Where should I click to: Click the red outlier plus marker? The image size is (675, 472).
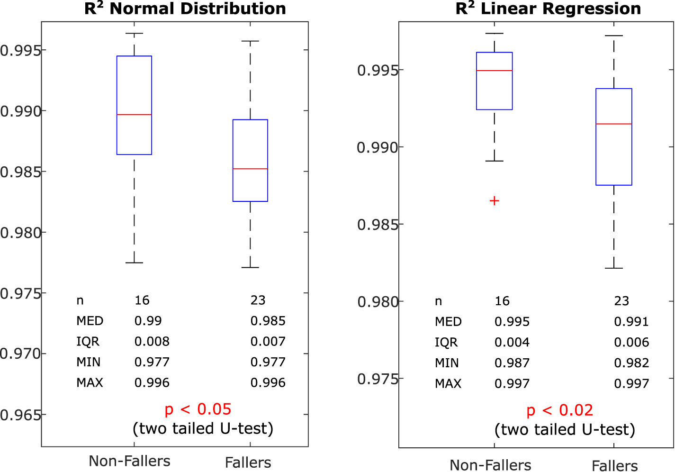(494, 201)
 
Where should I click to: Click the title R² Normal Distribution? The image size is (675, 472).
(185, 9)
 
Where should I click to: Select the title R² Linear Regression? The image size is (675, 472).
(548, 9)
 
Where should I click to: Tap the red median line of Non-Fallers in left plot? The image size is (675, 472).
(134, 115)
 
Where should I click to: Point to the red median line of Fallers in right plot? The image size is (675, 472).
(613, 124)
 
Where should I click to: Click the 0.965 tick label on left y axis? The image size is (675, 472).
(20, 415)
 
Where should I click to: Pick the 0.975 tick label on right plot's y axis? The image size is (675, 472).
(377, 379)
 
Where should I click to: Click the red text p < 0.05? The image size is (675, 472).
(198, 409)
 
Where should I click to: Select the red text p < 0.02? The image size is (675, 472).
(559, 410)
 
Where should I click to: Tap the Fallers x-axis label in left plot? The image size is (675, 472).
(248, 463)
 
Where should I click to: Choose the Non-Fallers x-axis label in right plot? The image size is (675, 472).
(490, 465)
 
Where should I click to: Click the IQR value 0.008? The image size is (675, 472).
(152, 342)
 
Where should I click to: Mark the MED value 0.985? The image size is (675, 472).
(268, 321)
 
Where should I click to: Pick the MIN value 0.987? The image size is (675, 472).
(512, 363)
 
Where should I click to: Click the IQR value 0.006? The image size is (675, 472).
(631, 342)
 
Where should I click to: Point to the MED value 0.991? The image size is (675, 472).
(631, 322)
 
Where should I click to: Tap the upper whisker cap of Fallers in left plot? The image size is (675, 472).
(250, 41)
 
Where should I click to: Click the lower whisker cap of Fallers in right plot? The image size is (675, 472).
(613, 268)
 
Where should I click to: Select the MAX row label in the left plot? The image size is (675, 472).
(90, 383)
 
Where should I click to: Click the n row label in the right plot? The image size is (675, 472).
(438, 301)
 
